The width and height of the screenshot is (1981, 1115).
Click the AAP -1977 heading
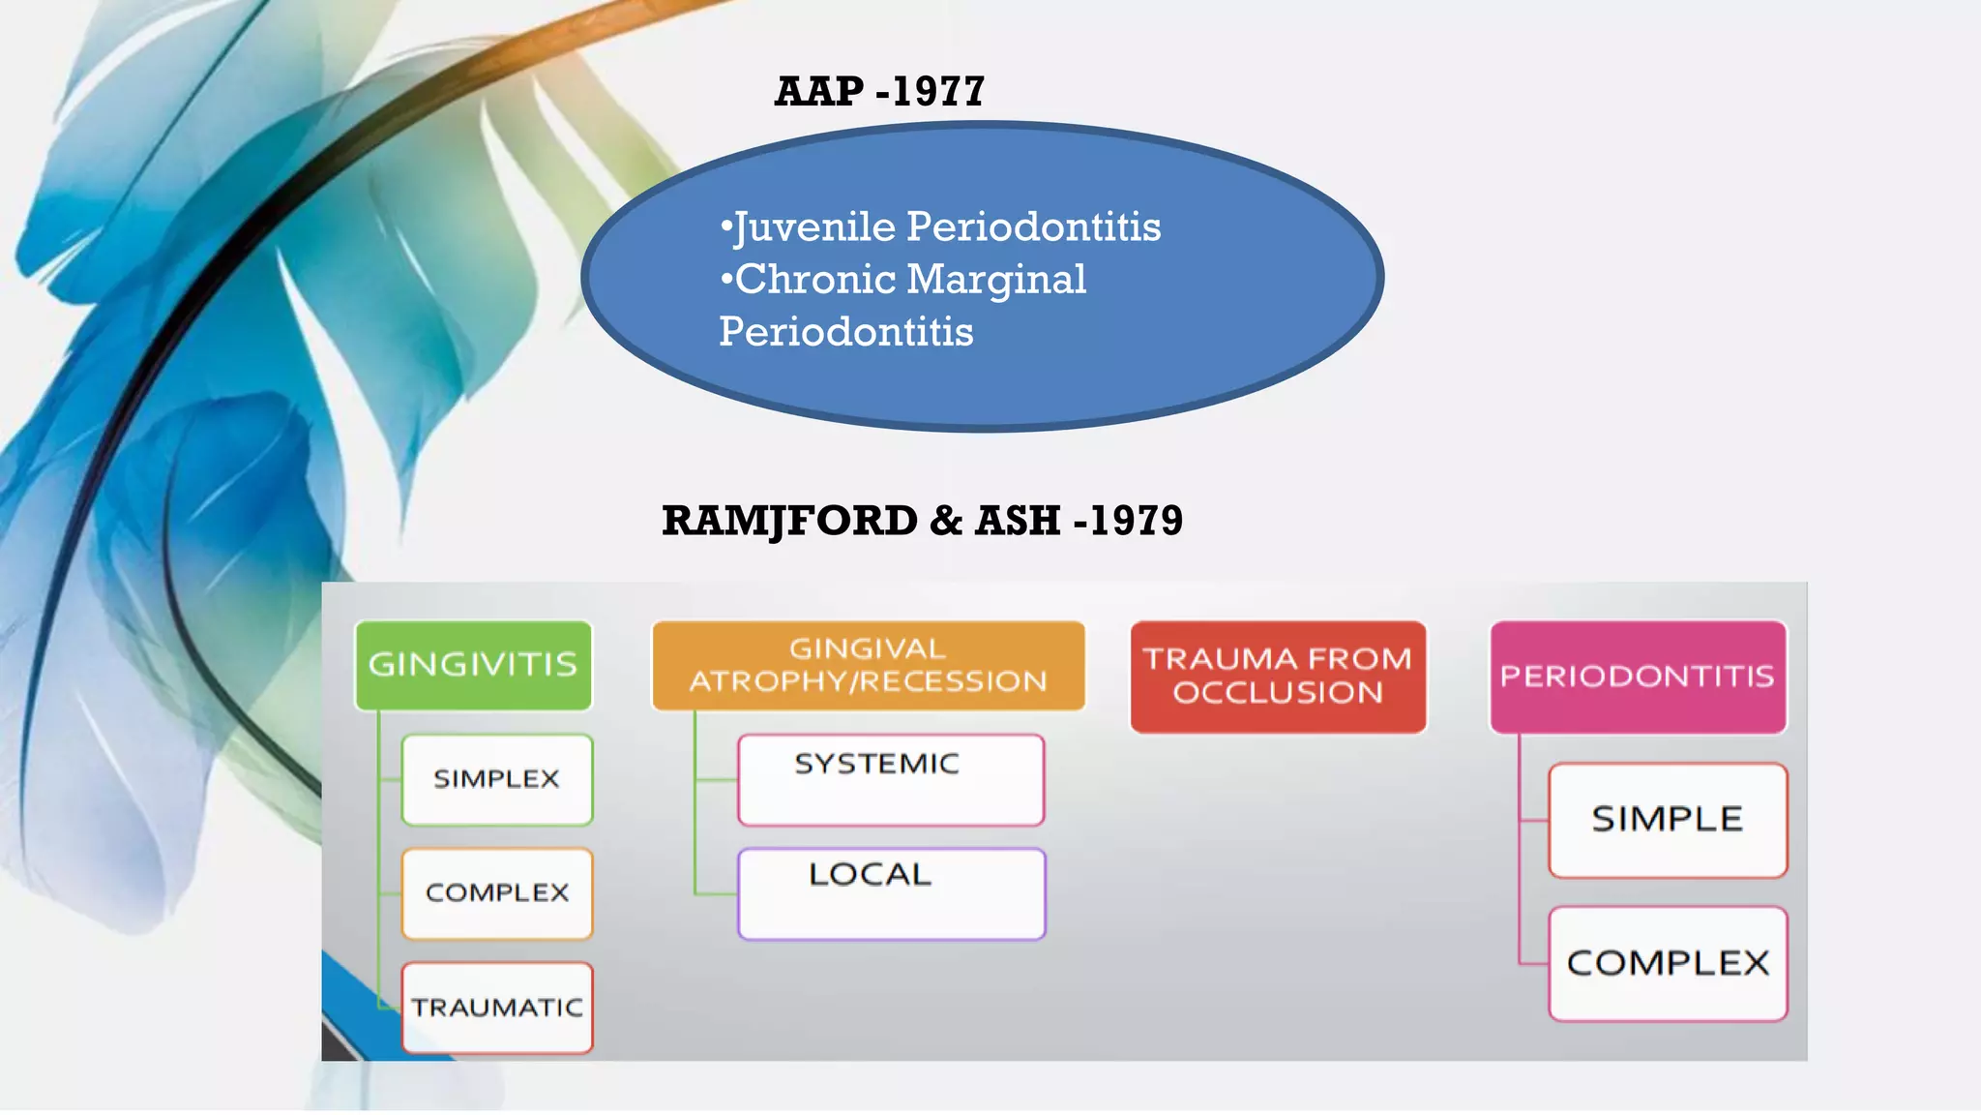tap(879, 92)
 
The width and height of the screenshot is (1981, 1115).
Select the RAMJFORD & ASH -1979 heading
tap(922, 521)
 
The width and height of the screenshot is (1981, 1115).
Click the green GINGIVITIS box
tap(473, 665)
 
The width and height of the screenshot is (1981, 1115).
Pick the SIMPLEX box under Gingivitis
tap(497, 779)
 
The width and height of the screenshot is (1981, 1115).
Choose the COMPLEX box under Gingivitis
tap(497, 892)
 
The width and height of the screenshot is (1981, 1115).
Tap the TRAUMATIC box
tap(497, 1008)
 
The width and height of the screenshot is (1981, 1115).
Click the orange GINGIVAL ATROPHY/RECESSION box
tap(868, 665)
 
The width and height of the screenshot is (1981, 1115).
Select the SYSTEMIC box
tap(890, 779)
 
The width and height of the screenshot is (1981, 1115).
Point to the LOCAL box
tap(890, 892)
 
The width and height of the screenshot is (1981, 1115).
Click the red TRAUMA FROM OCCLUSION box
tap(1278, 676)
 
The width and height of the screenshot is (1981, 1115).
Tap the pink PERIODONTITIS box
tap(1638, 676)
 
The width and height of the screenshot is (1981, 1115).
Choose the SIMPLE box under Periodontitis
tap(1668, 820)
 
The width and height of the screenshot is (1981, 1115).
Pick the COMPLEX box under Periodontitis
tap(1668, 963)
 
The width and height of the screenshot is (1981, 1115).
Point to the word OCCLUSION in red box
tap(1278, 693)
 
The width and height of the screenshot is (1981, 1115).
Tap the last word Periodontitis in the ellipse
tap(846, 332)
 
